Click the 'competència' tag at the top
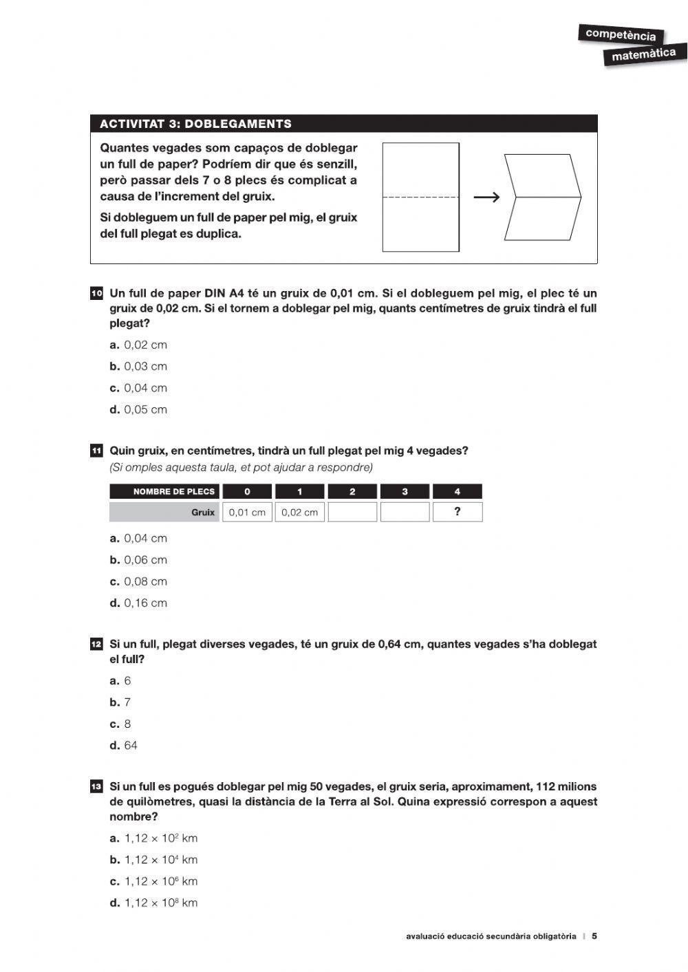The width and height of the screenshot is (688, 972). tap(621, 34)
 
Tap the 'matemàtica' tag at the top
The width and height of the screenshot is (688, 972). tap(643, 54)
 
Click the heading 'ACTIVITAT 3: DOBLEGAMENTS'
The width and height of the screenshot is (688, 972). tap(195, 124)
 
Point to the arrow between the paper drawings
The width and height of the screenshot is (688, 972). tap(486, 198)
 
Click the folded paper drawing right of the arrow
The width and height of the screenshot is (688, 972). tap(543, 197)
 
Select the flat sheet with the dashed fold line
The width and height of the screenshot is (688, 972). tap(420, 197)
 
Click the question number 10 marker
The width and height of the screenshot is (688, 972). tap(96, 294)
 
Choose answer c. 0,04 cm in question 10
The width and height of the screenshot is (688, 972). tap(138, 388)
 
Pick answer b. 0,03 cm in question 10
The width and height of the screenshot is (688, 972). tap(138, 367)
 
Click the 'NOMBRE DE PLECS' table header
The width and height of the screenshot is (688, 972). tap(165, 492)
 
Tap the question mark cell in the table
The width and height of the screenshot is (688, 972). tap(458, 512)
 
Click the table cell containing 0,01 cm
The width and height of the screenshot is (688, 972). tap(247, 512)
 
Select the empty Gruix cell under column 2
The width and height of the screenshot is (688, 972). tap(352, 512)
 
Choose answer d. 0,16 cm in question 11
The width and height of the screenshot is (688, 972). tap(138, 603)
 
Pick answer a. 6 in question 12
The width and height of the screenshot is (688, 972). tap(120, 681)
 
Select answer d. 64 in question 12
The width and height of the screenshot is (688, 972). tap(124, 746)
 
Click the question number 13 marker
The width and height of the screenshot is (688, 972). tap(96, 787)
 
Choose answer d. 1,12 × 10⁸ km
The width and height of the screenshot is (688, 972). tap(154, 903)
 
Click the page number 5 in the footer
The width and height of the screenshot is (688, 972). tap(594, 936)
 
